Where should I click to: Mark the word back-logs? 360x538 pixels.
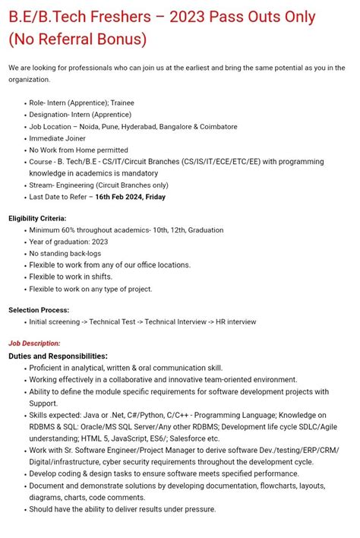click(84, 253)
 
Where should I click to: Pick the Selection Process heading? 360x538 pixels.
click(39, 310)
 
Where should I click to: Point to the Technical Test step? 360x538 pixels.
click(114, 321)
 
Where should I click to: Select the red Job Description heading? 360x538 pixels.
click(34, 343)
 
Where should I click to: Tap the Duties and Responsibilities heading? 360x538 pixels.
click(58, 356)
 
